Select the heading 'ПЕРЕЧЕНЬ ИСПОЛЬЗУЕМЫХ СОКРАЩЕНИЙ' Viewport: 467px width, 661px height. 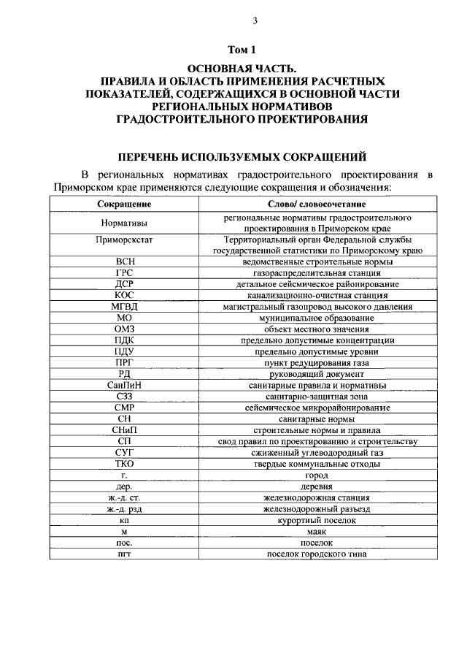click(243, 156)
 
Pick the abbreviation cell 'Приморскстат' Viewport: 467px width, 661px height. click(123, 240)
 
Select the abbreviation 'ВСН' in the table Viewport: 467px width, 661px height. click(123, 261)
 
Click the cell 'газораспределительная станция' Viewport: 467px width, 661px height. click(317, 272)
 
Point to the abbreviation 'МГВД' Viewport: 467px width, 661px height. click(123, 307)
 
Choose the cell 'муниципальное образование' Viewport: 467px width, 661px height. click(317, 318)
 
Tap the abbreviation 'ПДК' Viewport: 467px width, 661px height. click(123, 340)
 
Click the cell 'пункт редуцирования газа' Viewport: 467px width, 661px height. click(317, 363)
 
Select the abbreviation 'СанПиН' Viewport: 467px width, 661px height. click(123, 385)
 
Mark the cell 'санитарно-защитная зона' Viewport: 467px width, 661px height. click(317, 396)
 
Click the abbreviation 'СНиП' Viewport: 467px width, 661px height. click(123, 430)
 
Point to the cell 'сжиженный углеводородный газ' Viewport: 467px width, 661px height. click(317, 453)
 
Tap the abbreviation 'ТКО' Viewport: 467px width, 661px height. click(123, 464)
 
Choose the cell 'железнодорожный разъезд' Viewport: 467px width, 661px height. click(317, 509)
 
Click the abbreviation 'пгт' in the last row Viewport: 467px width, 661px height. click(123, 554)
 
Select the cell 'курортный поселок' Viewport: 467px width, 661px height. click(317, 520)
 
